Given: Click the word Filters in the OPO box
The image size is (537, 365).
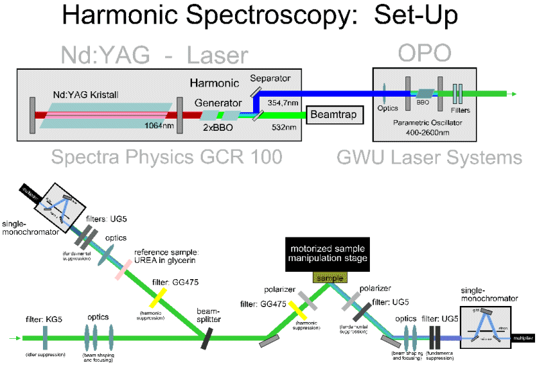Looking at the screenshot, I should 460,109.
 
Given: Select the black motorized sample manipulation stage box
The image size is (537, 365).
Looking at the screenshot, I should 325,254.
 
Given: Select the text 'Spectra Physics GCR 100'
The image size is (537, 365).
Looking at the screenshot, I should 165,158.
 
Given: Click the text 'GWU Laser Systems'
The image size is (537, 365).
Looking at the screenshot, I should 430,158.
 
